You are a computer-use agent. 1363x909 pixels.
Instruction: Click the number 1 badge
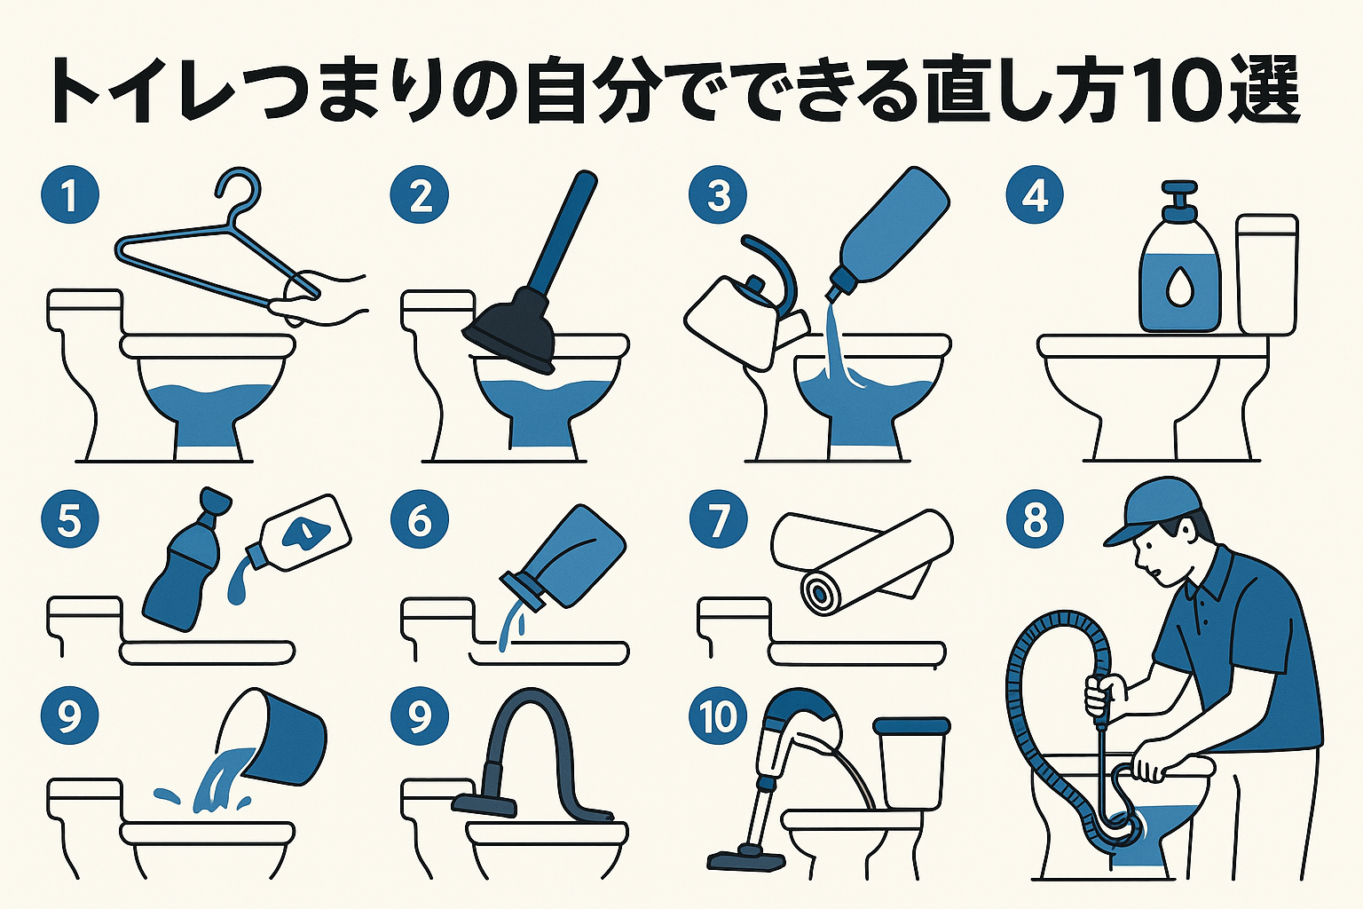[x=70, y=195]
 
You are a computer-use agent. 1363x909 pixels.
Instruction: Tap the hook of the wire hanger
[x=240, y=191]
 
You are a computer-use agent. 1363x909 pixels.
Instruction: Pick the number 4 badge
[x=1035, y=195]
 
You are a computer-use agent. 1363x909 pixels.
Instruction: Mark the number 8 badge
[x=1035, y=520]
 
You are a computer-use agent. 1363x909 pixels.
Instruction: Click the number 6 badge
[x=420, y=520]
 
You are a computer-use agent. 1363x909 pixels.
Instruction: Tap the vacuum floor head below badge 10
[x=745, y=858]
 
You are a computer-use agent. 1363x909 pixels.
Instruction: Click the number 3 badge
[x=719, y=195]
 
